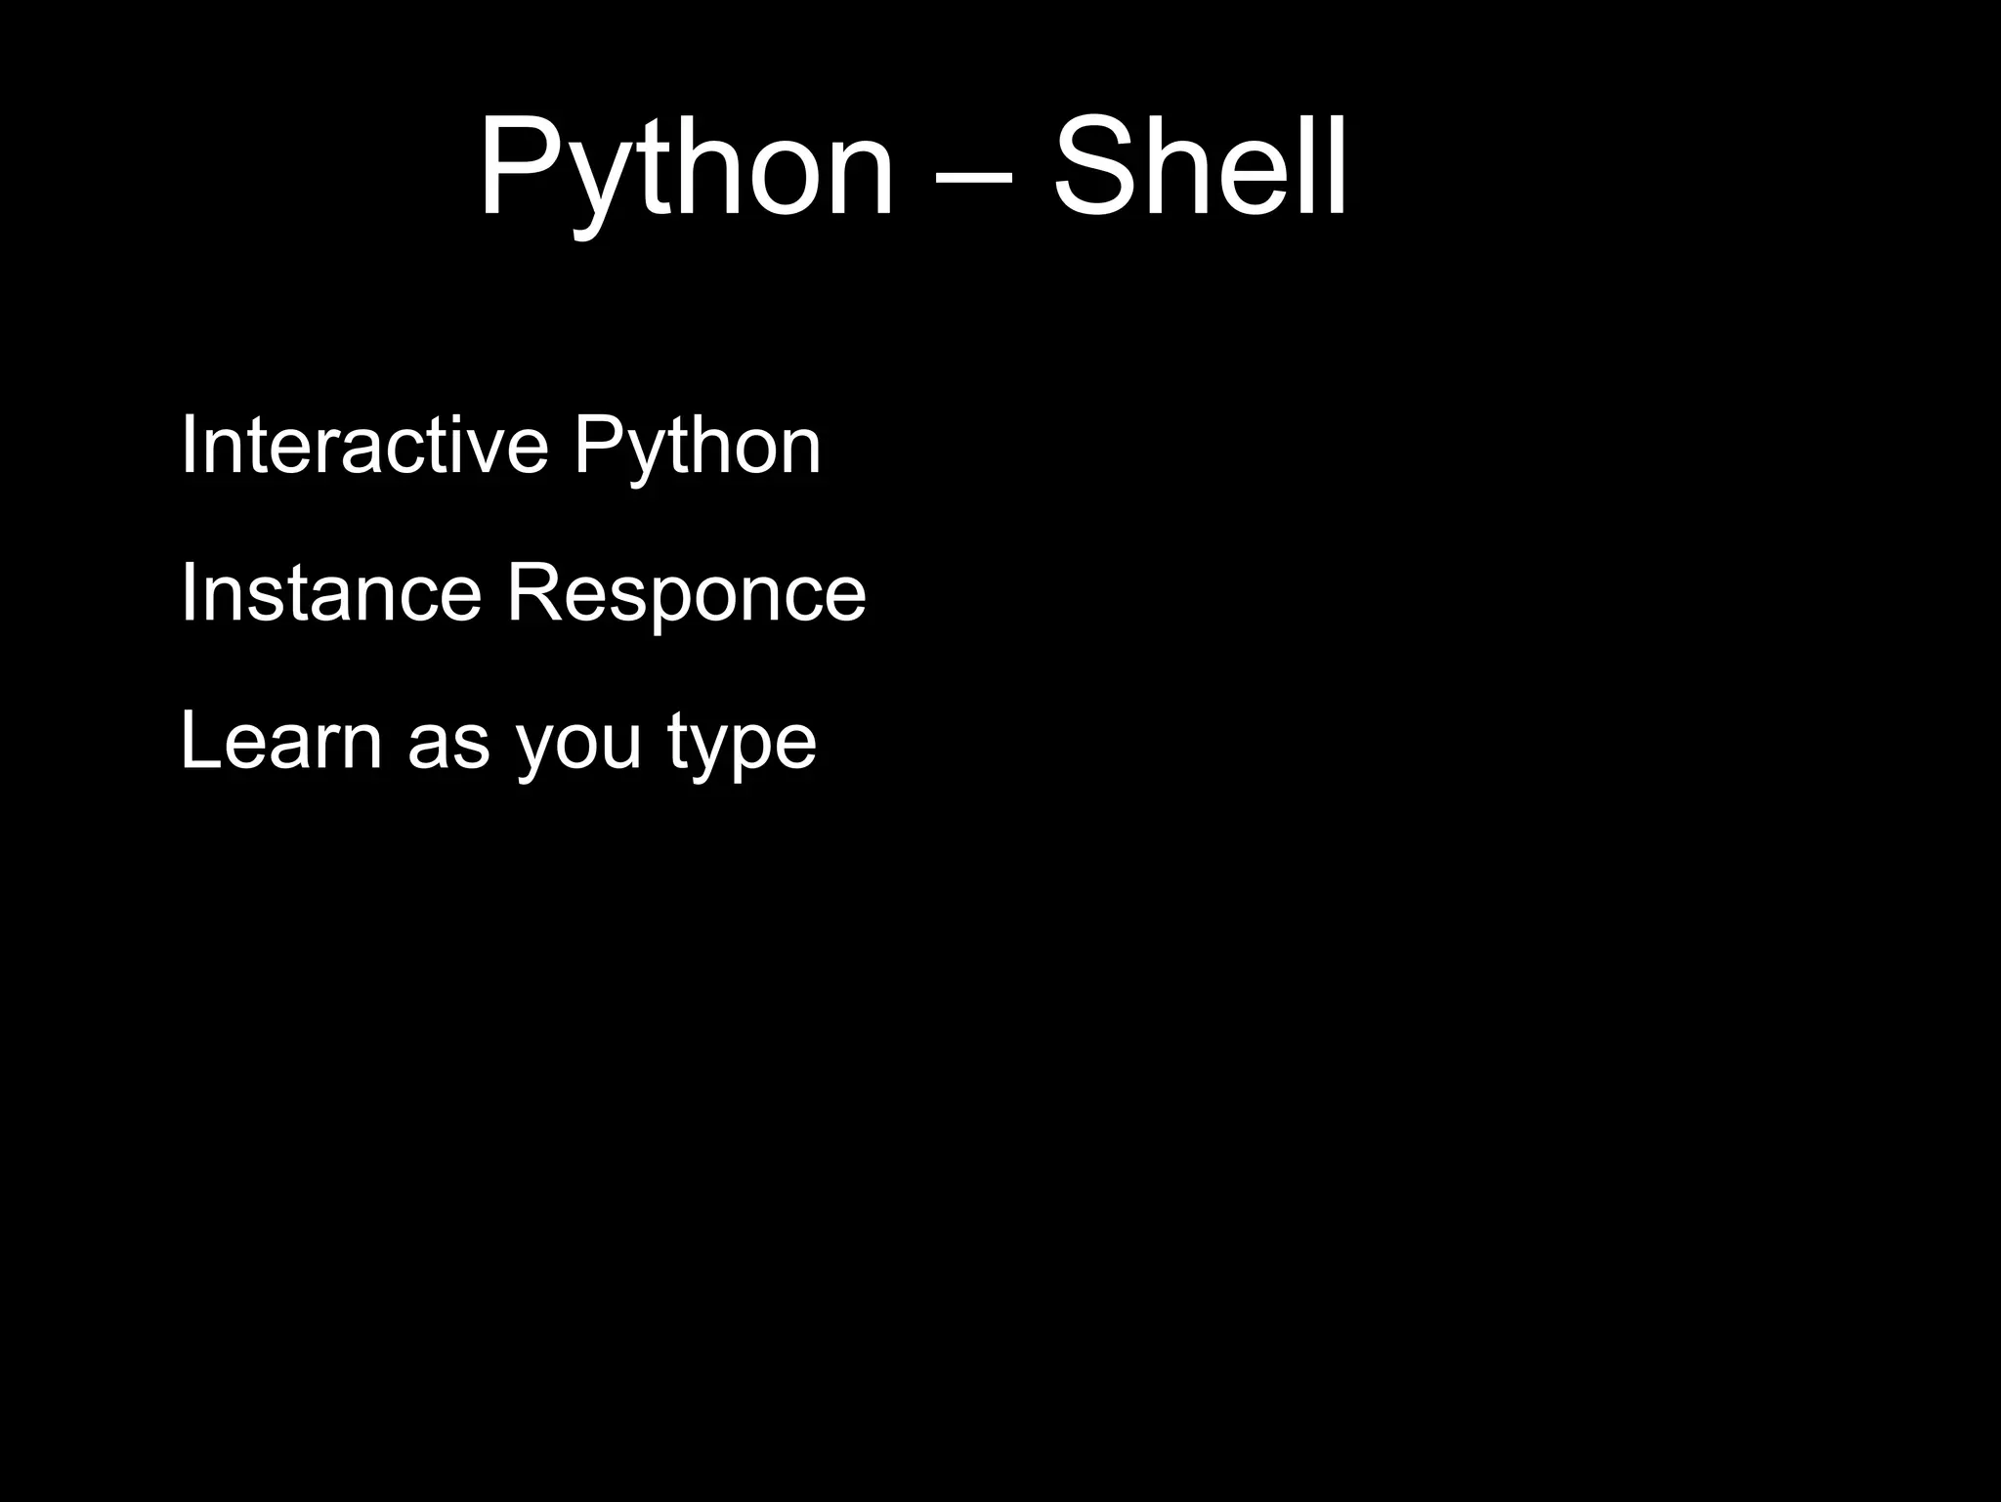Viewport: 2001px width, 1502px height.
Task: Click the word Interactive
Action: pyautogui.click(x=364, y=445)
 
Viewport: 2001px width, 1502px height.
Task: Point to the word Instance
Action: pyautogui.click(x=330, y=592)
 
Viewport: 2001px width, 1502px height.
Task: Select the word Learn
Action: pyautogui.click(x=280, y=740)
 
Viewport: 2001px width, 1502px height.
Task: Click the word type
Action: pyautogui.click(x=743, y=748)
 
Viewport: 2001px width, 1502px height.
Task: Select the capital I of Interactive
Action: pyautogui.click(x=189, y=445)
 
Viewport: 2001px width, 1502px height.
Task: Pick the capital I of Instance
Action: pyautogui.click(x=189, y=592)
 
